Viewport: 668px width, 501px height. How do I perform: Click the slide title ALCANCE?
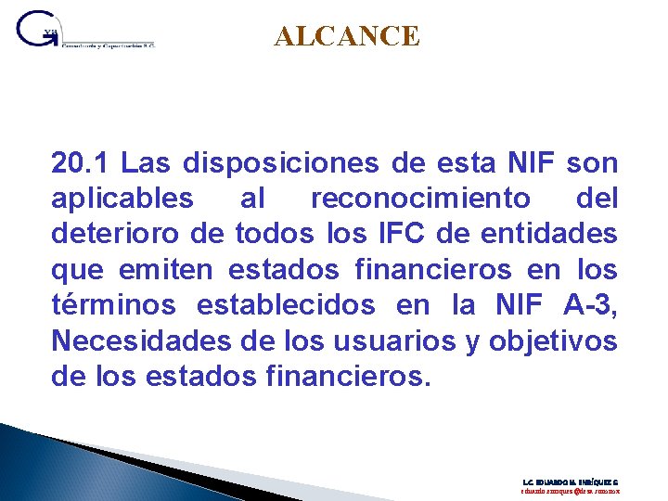(347, 36)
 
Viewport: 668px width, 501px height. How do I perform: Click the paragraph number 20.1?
(83, 164)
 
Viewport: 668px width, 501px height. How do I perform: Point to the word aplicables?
(122, 199)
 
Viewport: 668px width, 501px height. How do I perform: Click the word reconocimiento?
(421, 199)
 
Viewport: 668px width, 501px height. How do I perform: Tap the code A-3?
(589, 305)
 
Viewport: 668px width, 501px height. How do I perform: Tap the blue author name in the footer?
(571, 482)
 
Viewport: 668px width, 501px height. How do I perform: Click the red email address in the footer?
(571, 493)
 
